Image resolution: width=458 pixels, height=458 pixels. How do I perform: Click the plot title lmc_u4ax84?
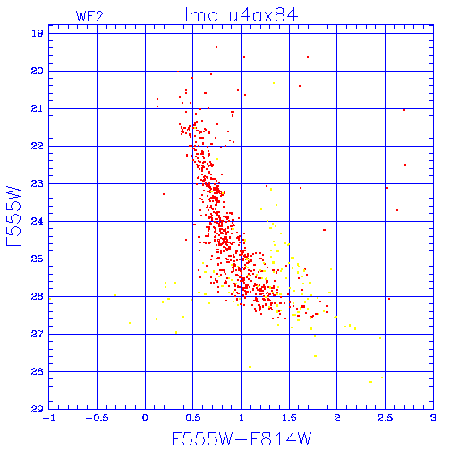242,15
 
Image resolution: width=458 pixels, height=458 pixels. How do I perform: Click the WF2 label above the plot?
89,16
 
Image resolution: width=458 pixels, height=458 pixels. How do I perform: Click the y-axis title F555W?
13,216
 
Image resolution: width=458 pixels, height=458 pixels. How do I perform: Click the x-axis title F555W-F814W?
242,438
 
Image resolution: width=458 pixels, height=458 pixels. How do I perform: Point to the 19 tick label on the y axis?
38,33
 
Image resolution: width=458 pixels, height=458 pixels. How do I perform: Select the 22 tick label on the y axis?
38,146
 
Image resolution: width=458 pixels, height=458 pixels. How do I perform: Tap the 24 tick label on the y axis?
38,221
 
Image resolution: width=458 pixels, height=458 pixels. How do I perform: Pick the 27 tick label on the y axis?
38,334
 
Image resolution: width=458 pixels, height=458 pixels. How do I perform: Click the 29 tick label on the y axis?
38,409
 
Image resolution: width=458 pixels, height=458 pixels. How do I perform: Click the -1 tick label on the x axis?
48,418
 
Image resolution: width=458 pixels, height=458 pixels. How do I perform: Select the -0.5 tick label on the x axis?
97,418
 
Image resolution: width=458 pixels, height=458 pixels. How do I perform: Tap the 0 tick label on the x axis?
145,418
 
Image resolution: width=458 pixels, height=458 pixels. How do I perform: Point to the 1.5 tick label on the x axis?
289,418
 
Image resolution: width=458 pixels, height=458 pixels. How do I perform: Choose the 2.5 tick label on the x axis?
385,418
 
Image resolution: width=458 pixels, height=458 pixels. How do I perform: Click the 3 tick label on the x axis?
433,418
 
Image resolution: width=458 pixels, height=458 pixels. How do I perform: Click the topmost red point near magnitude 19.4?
216,47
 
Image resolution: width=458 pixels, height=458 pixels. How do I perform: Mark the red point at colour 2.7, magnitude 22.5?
405,165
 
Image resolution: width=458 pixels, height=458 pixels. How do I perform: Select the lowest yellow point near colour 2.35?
370,382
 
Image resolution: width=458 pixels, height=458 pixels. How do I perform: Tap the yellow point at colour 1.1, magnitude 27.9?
250,367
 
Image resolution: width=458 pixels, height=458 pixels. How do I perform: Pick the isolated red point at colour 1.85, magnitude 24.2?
324,230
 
